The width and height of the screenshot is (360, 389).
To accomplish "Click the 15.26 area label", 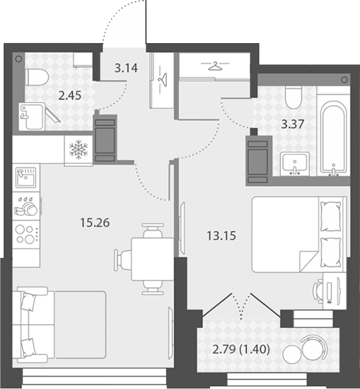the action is click(x=95, y=223).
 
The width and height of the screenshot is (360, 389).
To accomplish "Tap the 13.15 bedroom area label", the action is click(x=222, y=235).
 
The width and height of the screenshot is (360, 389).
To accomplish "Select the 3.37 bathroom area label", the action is click(x=293, y=124).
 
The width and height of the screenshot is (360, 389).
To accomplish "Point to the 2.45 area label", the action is click(x=70, y=95).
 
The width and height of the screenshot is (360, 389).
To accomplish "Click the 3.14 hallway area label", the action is click(x=126, y=68).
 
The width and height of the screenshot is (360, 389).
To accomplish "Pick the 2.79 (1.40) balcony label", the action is click(x=241, y=350).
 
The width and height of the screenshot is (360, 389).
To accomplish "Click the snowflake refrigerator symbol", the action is click(x=78, y=149).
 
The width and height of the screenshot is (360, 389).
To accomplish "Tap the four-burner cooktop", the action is click(x=26, y=234).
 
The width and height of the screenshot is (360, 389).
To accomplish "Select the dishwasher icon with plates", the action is click(x=26, y=206).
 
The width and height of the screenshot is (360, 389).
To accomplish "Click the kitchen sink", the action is click(x=26, y=177).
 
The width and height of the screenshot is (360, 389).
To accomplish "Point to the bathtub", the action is click(x=333, y=137).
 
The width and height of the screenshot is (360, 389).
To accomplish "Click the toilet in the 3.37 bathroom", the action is click(x=293, y=97).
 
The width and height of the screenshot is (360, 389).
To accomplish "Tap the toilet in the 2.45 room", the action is click(x=37, y=78).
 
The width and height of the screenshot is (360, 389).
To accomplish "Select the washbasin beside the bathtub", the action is click(x=295, y=163).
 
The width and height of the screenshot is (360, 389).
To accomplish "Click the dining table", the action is click(x=152, y=259).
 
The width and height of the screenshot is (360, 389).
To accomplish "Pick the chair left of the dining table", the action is click(x=123, y=260).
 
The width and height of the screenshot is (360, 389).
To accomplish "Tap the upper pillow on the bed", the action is click(x=330, y=216).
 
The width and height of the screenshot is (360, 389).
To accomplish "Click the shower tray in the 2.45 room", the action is click(x=32, y=117).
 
